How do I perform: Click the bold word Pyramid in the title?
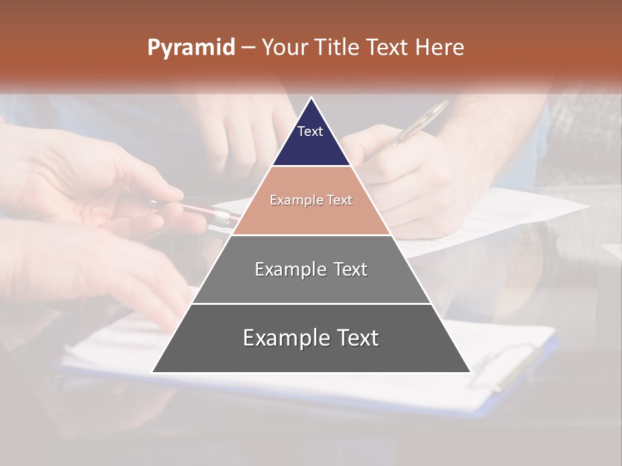click(x=190, y=48)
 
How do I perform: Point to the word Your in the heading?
click(x=284, y=48)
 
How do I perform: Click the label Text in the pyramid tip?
click(x=310, y=131)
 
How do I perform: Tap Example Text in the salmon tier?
click(x=311, y=200)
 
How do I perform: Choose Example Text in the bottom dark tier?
click(x=311, y=338)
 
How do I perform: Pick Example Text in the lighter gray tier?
click(x=311, y=269)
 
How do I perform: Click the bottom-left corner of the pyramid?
click(x=153, y=372)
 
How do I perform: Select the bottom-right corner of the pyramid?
click(x=470, y=372)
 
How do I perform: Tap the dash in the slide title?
click(x=248, y=48)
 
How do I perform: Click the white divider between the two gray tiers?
click(x=311, y=304)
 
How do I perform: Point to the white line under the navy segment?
click(x=311, y=166)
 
